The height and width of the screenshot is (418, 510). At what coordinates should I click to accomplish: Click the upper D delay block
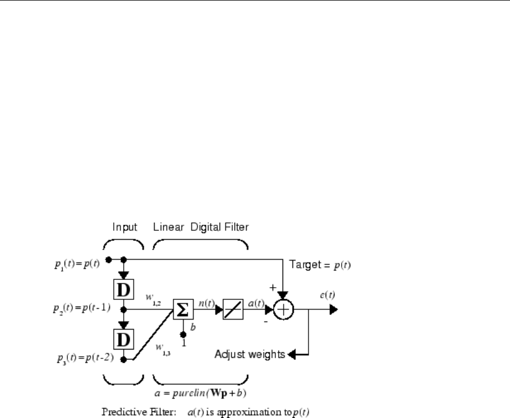tap(124, 288)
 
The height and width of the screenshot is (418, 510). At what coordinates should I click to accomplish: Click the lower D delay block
tap(124, 336)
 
